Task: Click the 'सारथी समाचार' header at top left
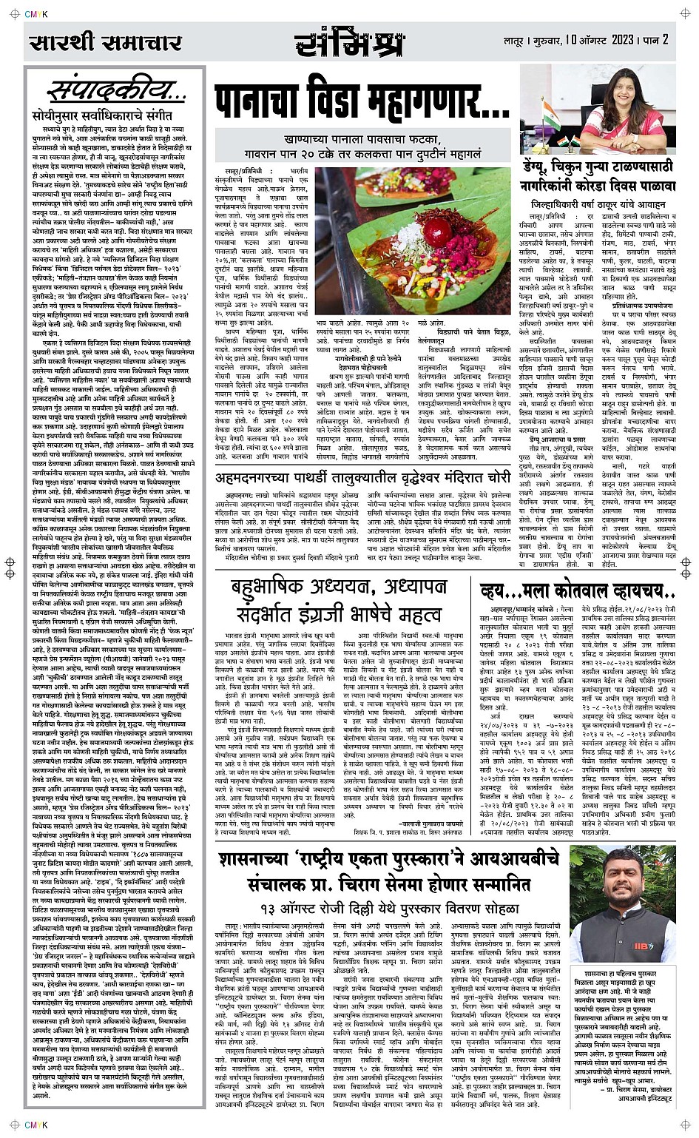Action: pyautogui.click(x=106, y=42)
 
